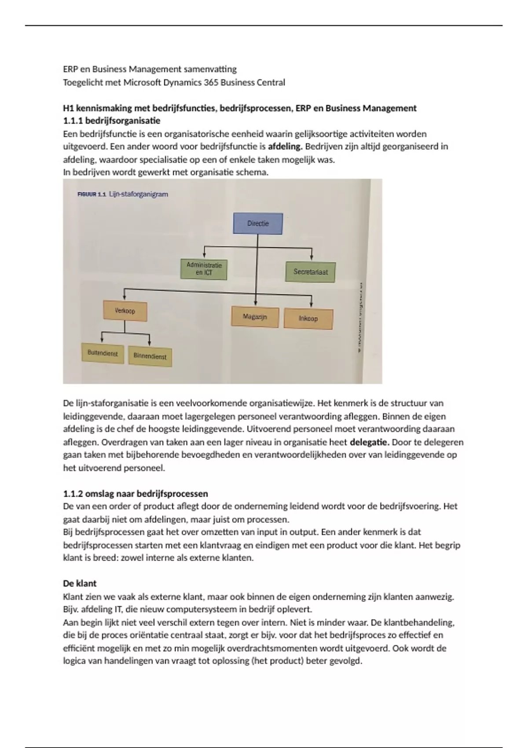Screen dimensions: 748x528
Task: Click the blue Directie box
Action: pyautogui.click(x=258, y=224)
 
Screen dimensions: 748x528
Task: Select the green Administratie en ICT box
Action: pyautogui.click(x=204, y=269)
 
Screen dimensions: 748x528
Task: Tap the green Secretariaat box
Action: pyautogui.click(x=311, y=272)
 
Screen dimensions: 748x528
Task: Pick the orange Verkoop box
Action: pyautogui.click(x=125, y=311)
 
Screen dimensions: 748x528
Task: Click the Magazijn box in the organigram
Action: pyautogui.click(x=255, y=317)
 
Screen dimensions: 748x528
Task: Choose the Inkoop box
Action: pyautogui.click(x=308, y=319)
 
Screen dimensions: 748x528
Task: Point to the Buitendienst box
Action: pyautogui.click(x=103, y=353)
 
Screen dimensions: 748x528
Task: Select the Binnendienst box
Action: pyautogui.click(x=150, y=356)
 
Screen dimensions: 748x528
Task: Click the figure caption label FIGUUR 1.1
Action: pyautogui.click(x=92, y=194)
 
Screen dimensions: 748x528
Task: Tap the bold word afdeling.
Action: pyautogui.click(x=285, y=147)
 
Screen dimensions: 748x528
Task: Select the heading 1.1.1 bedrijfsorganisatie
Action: pyautogui.click(x=111, y=121)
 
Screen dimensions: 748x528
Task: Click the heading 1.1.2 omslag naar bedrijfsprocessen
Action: pyautogui.click(x=136, y=493)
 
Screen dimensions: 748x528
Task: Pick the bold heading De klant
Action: pyautogui.click(x=80, y=583)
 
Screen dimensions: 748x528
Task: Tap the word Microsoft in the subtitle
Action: pyautogui.click(x=145, y=82)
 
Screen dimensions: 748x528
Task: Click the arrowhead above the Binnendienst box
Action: pyautogui.click(x=150, y=343)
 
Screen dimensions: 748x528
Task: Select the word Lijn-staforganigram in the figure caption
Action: pyautogui.click(x=138, y=194)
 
